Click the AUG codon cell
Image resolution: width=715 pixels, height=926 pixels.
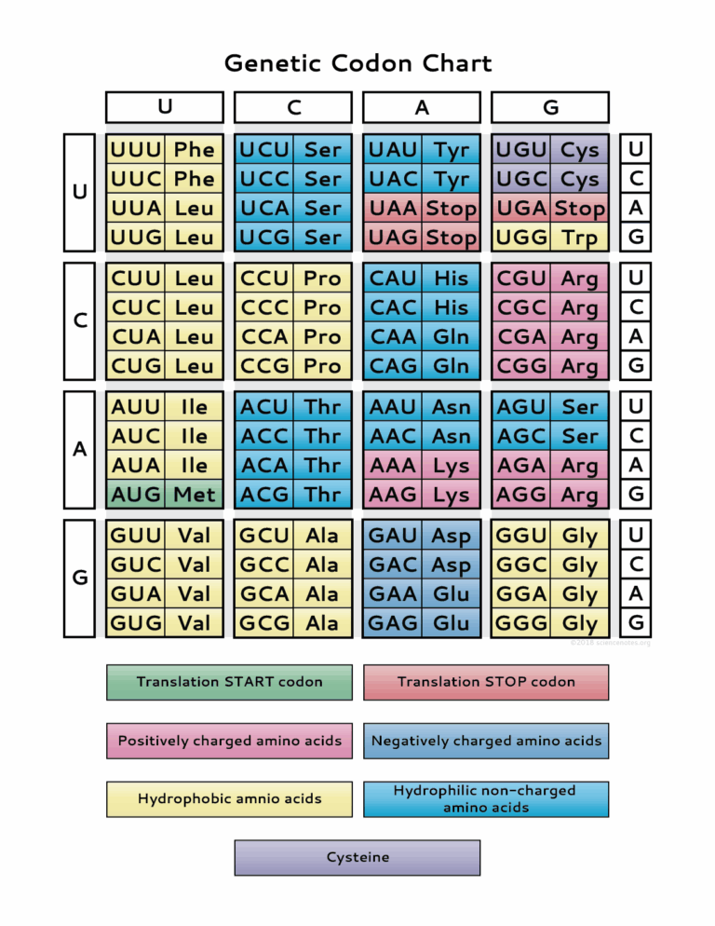[x=136, y=494]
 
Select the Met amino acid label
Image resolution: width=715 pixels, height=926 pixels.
[x=195, y=494]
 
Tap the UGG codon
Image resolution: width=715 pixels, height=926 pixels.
[x=521, y=238]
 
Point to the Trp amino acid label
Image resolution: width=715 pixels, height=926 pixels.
[x=579, y=238]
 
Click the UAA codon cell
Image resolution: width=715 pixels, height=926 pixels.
[x=393, y=209]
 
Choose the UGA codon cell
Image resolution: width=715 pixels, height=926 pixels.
[x=521, y=209]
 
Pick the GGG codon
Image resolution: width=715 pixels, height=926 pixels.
[x=521, y=622]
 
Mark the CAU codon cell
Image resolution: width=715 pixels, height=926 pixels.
[x=393, y=278]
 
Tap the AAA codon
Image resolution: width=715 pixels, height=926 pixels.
[x=393, y=465]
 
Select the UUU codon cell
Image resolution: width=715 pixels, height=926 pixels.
[x=136, y=150]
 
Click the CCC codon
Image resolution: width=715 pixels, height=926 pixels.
[x=264, y=307]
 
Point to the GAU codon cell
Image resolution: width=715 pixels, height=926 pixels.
[x=393, y=536]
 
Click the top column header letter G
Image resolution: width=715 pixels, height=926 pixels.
[x=550, y=107]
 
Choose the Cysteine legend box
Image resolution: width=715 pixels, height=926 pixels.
[x=357, y=857]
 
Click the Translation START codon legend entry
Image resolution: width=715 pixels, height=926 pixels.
[x=229, y=682]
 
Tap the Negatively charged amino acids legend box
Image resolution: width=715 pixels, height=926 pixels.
[x=486, y=741]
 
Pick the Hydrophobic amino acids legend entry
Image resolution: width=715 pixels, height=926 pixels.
[x=229, y=798]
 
